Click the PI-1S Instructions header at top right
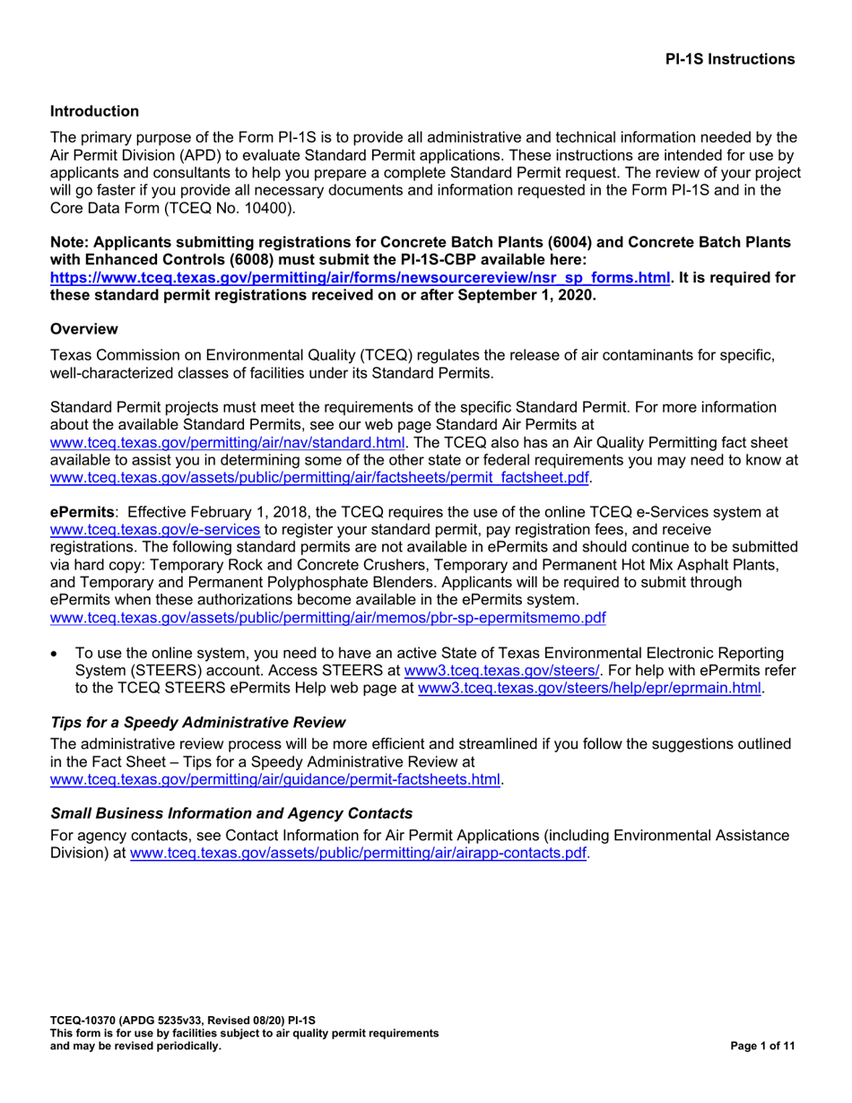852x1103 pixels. [729, 59]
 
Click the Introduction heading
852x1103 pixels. [94, 111]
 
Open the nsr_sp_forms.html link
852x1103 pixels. [360, 278]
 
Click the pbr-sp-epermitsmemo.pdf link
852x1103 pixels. [328, 618]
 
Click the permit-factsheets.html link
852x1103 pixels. [275, 779]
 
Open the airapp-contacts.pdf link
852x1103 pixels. [359, 854]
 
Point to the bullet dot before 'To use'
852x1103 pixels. [57, 654]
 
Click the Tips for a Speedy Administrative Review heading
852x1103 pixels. [197, 722]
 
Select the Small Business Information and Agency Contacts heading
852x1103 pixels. [231, 813]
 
